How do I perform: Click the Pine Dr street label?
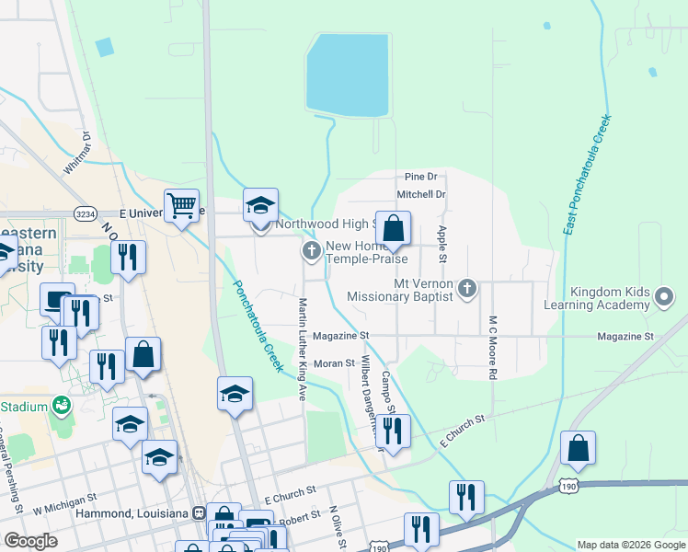(x=419, y=177)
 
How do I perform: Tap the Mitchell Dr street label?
(x=420, y=195)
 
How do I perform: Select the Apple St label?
(x=442, y=245)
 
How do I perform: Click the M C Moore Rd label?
(x=493, y=349)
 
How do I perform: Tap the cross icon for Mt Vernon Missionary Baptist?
(x=467, y=289)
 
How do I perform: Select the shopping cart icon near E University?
(x=182, y=206)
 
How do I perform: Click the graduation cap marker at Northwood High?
(x=260, y=206)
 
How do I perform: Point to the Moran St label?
(x=334, y=363)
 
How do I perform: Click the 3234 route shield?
(x=86, y=213)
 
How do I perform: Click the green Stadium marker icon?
(x=63, y=405)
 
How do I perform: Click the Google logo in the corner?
(x=30, y=540)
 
